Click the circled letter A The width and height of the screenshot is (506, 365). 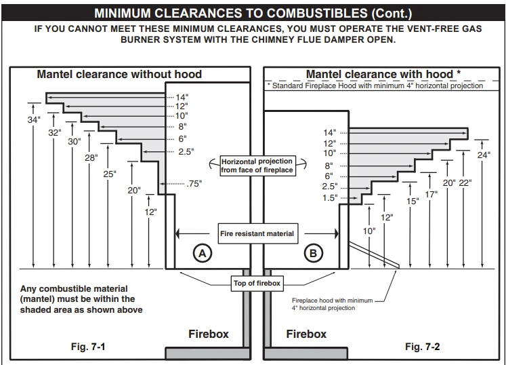tap(201, 254)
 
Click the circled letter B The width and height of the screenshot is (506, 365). tap(312, 254)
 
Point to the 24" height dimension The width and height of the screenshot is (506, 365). tap(483, 155)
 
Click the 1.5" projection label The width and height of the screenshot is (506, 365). tap(330, 197)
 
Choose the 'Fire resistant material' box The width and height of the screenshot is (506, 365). tap(257, 233)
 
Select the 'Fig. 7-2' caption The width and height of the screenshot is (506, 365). tap(423, 347)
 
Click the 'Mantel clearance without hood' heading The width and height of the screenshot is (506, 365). tap(119, 74)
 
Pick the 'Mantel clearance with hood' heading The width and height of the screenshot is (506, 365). tap(383, 74)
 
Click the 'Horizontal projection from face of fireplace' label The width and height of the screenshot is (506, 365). tap(257, 166)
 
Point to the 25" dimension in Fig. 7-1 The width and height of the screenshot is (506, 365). tap(110, 174)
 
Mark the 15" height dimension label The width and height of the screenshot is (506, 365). tap(413, 201)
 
